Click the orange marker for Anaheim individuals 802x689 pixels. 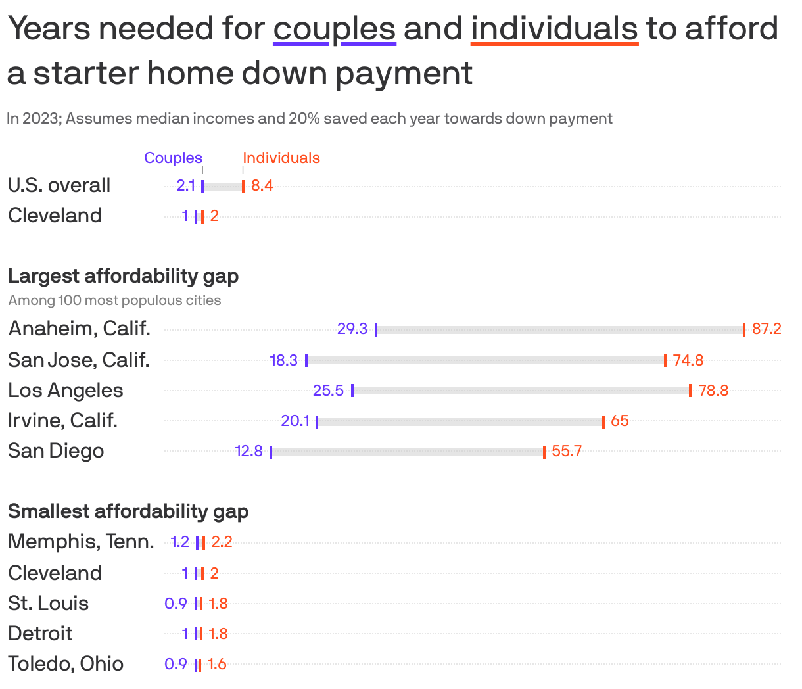coord(743,330)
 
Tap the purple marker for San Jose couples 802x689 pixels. coord(306,360)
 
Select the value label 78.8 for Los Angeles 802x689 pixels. coord(713,391)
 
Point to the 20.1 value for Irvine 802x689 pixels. coord(295,421)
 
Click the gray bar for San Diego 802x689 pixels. coord(408,452)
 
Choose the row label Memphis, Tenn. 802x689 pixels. coord(81,542)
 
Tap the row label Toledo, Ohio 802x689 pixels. coord(66,664)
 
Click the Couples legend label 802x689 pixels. coord(173,158)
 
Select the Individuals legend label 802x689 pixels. coord(281,158)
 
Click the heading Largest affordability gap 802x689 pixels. coord(123,276)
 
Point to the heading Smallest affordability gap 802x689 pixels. coord(128,511)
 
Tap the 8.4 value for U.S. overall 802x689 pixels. coord(262,186)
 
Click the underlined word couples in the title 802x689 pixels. coord(334,29)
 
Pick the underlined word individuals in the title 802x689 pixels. coord(554,29)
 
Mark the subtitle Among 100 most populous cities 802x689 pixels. coord(114,301)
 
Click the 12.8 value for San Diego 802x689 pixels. coord(248,451)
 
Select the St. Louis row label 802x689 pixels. coord(48,604)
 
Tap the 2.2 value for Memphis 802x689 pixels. coord(222,542)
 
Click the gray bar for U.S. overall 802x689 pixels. coord(223,187)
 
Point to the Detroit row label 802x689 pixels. coord(40,634)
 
